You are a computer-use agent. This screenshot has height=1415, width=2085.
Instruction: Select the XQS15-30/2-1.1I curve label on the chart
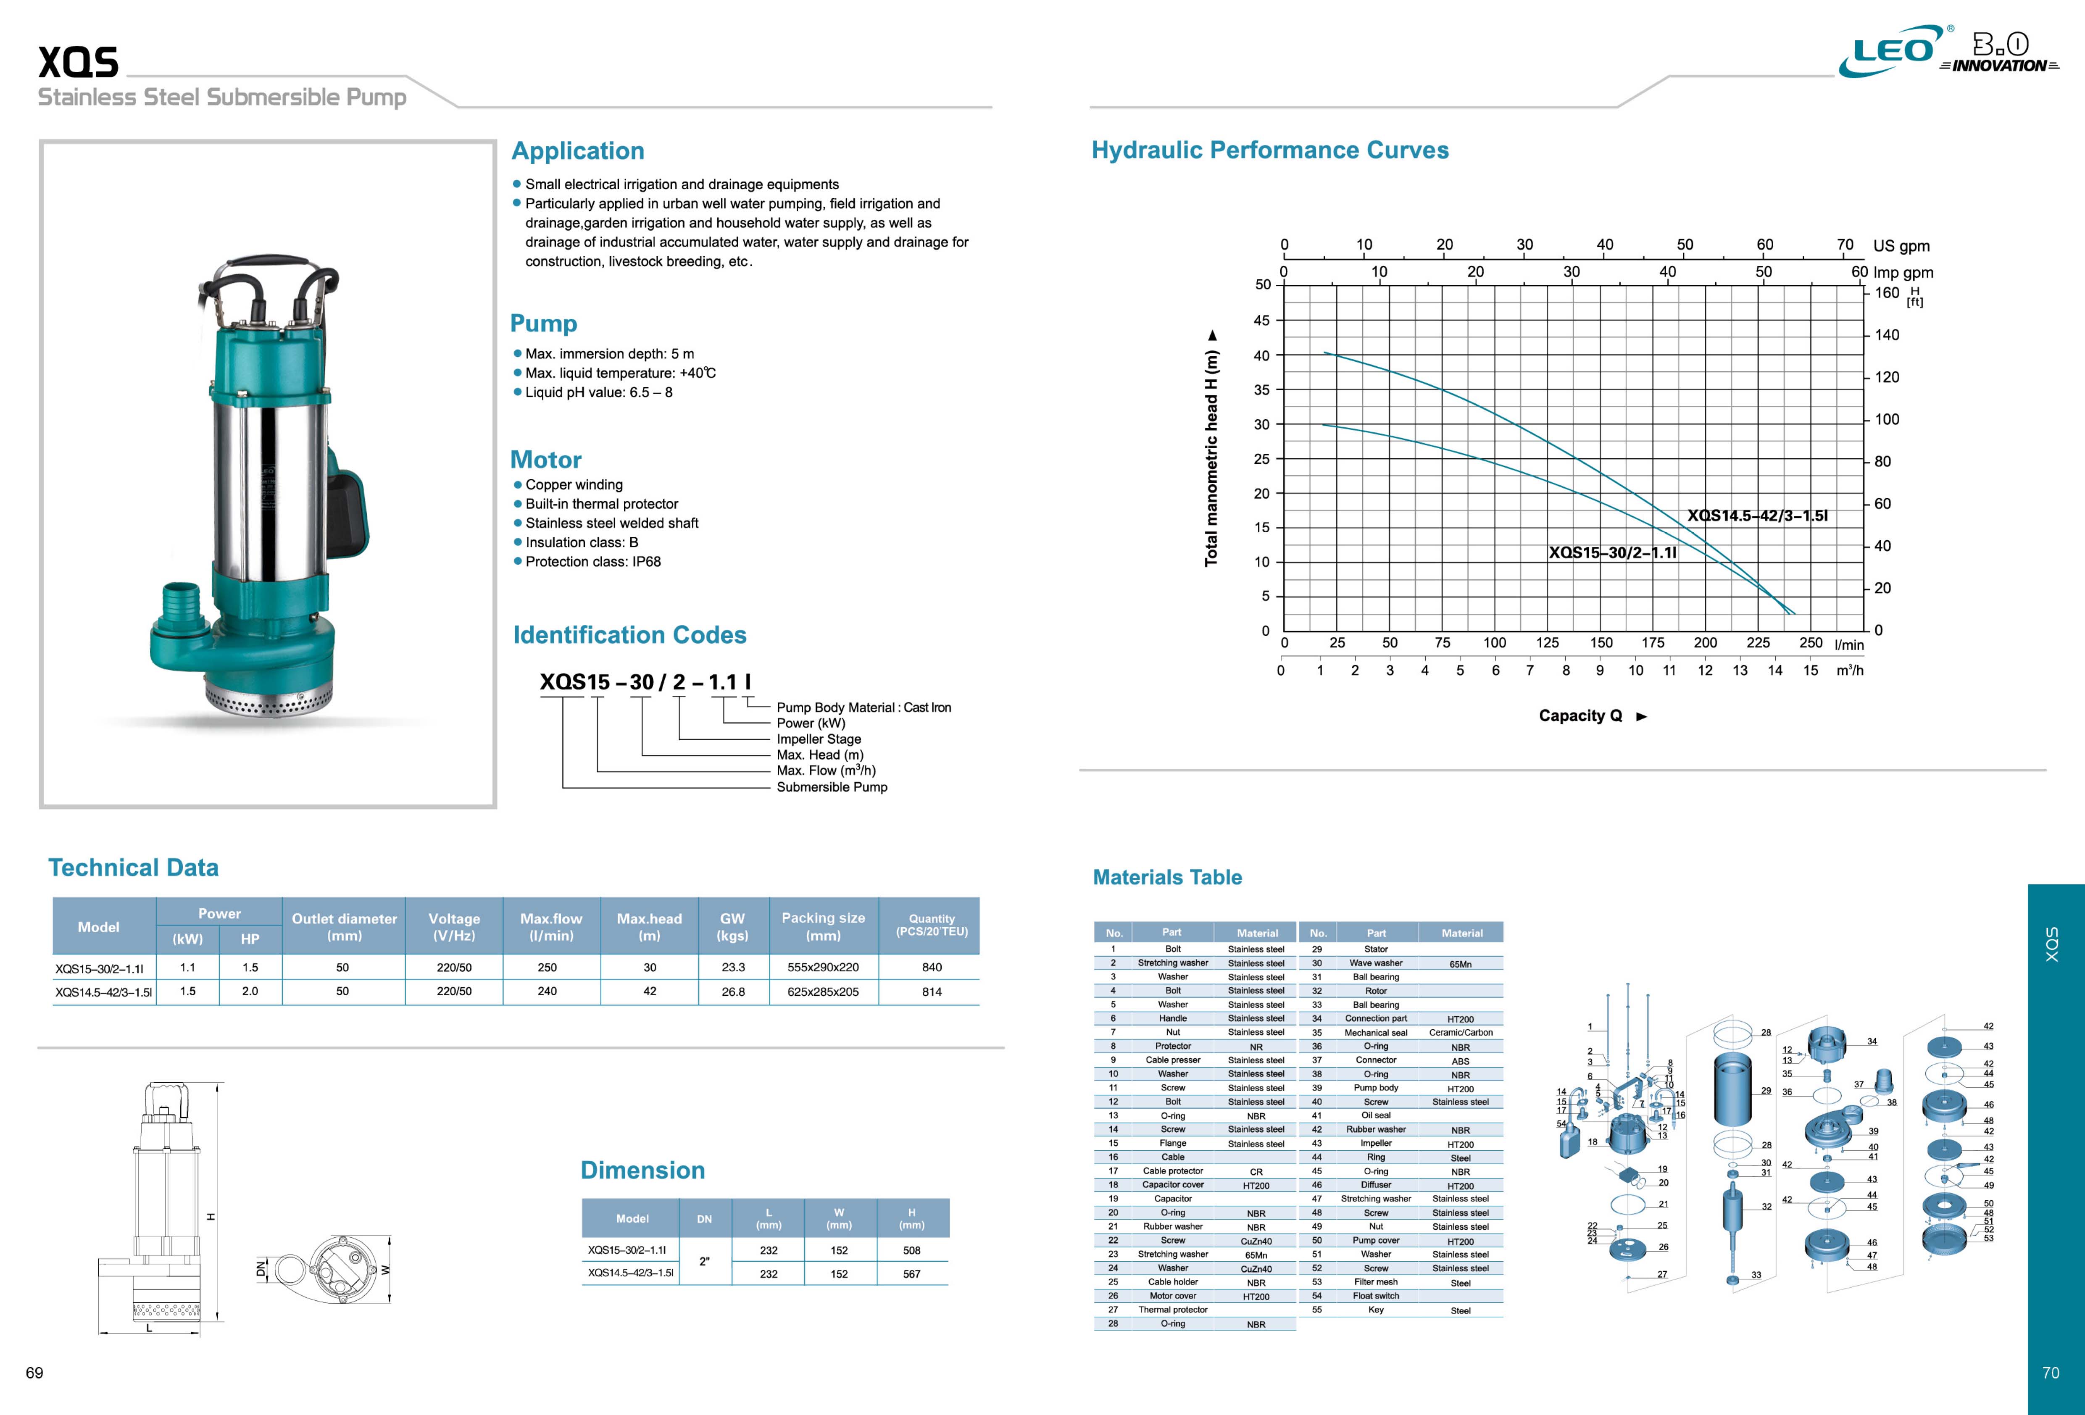[1612, 553]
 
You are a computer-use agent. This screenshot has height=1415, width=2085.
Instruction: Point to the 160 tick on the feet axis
[1887, 292]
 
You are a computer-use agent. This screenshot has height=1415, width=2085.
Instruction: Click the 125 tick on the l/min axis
[1548, 642]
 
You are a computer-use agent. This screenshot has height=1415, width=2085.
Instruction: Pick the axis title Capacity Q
[1581, 715]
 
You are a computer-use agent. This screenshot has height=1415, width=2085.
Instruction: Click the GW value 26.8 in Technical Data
[733, 992]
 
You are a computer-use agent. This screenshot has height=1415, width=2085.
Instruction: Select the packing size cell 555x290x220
[823, 967]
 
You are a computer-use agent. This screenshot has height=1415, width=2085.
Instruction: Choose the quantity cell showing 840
[931, 967]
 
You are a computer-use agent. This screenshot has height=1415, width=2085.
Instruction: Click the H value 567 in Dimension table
[911, 1273]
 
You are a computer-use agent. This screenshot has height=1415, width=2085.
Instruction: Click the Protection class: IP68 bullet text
[592, 562]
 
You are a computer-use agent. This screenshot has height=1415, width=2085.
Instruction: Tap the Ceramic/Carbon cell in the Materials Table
[1461, 1033]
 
